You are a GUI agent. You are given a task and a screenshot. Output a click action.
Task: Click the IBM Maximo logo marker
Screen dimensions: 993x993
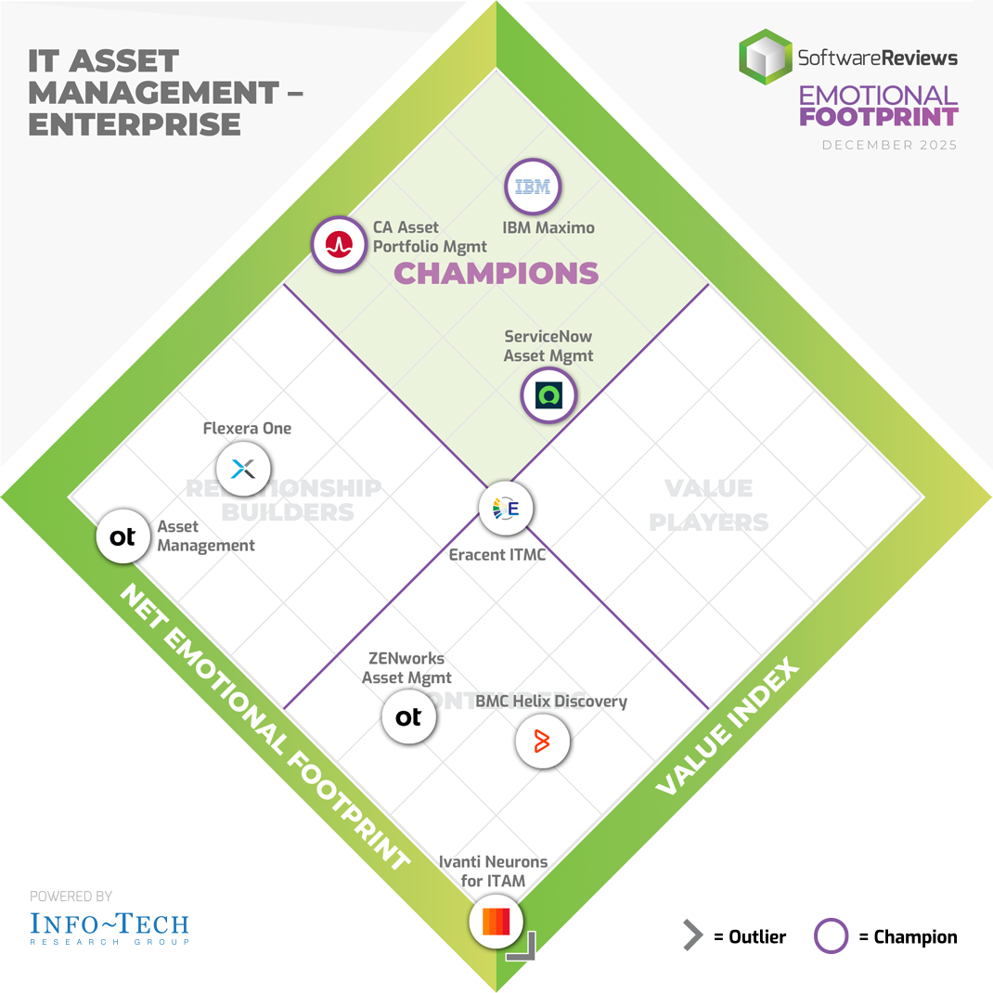[x=533, y=188]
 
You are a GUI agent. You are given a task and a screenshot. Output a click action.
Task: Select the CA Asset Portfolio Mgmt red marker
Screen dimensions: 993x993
[x=339, y=244]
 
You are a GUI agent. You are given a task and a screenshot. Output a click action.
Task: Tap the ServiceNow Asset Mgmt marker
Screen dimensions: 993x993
[x=548, y=395]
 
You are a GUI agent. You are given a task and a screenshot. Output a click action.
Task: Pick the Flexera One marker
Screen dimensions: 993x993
[x=243, y=469]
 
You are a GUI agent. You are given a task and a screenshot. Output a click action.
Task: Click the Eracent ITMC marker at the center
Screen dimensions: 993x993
[x=506, y=508]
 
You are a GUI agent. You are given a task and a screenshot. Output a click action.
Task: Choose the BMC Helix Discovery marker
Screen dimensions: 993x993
[x=542, y=742]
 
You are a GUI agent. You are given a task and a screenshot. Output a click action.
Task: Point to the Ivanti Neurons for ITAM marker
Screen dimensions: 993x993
[x=496, y=922]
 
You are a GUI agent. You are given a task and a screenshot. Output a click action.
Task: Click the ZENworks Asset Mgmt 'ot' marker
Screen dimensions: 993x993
[x=408, y=716]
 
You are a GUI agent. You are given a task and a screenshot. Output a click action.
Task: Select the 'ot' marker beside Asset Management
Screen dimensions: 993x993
[x=123, y=537]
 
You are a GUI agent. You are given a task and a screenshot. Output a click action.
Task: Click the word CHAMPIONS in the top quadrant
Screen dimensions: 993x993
[x=496, y=273]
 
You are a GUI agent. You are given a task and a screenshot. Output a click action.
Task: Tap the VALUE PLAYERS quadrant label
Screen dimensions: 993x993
[x=709, y=506]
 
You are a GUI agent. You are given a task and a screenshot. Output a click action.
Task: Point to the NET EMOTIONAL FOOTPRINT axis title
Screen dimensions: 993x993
[x=264, y=729]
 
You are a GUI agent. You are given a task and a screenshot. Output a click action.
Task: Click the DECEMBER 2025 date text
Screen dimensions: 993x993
[x=889, y=145]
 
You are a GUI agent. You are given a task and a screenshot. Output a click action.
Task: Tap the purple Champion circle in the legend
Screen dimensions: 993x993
[x=831, y=936]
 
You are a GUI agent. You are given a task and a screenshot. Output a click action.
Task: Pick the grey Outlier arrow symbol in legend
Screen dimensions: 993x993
[x=692, y=936]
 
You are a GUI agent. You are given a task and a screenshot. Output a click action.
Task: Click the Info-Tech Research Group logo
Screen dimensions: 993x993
[x=110, y=926]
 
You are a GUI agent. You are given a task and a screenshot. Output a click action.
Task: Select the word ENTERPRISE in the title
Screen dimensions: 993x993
[x=135, y=123]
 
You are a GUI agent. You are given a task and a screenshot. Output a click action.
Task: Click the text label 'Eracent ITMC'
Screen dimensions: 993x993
[x=496, y=555]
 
